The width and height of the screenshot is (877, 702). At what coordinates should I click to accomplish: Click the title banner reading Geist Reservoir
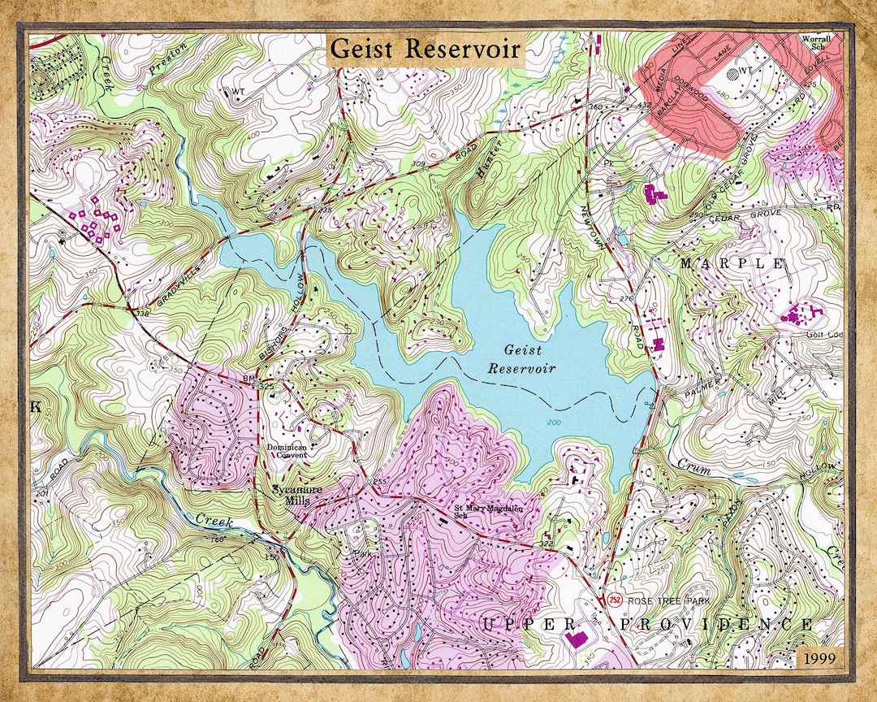(x=426, y=49)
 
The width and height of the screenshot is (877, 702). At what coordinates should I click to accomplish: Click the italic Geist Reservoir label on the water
(x=521, y=358)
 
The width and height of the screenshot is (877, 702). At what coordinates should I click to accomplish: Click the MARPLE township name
(x=732, y=264)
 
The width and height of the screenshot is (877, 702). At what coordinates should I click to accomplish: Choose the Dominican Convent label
(x=287, y=452)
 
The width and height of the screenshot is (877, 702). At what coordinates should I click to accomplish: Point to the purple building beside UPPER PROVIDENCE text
(x=577, y=638)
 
